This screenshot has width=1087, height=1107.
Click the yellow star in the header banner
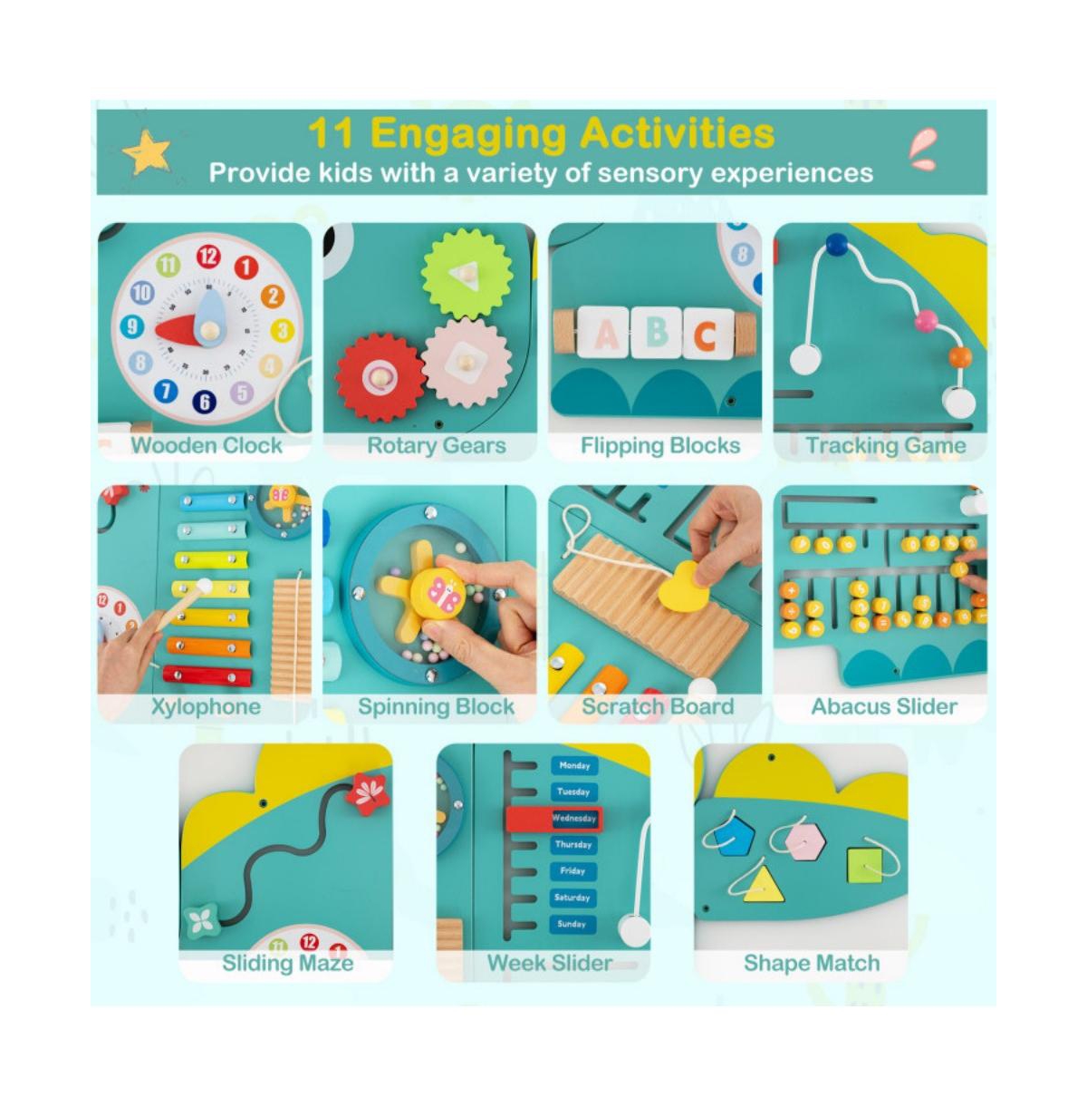coord(147,153)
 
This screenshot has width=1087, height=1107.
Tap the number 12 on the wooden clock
coord(208,257)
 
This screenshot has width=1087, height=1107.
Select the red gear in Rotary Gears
coord(380,377)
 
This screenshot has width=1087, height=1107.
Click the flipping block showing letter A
coord(606,334)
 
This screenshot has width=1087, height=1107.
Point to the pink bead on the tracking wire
coord(926,320)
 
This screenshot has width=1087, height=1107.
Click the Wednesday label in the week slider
coord(574,818)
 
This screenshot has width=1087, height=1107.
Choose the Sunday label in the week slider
coord(572,924)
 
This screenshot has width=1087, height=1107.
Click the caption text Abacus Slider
coord(883,706)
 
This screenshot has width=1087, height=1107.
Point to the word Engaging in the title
coord(468,134)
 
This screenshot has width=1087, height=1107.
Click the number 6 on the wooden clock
coord(205,402)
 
